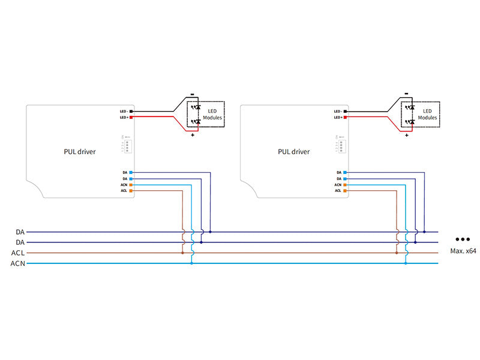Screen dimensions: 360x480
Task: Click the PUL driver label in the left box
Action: click(x=80, y=152)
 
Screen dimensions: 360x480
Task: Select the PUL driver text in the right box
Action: click(x=294, y=152)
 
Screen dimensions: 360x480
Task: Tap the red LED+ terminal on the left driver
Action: click(x=131, y=118)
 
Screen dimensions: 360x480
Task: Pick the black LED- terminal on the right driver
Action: click(x=345, y=112)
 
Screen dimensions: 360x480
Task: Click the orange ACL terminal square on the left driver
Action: click(x=131, y=191)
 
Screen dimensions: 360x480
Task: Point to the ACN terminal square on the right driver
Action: click(x=345, y=185)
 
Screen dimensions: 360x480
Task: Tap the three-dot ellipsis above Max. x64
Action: click(x=463, y=238)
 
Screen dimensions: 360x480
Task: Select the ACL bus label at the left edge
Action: click(x=17, y=253)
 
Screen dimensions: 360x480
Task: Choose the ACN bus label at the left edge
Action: click(x=17, y=263)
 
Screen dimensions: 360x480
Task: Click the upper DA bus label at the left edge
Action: click(x=20, y=232)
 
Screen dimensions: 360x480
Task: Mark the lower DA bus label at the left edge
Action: click(x=20, y=242)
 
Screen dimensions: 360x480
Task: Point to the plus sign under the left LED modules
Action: click(x=193, y=136)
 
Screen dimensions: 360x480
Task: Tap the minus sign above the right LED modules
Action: click(x=406, y=94)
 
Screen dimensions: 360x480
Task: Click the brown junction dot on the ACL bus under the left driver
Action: click(x=182, y=253)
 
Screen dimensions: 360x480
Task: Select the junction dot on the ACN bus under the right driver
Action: click(x=406, y=263)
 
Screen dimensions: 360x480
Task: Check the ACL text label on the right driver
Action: click(x=338, y=191)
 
